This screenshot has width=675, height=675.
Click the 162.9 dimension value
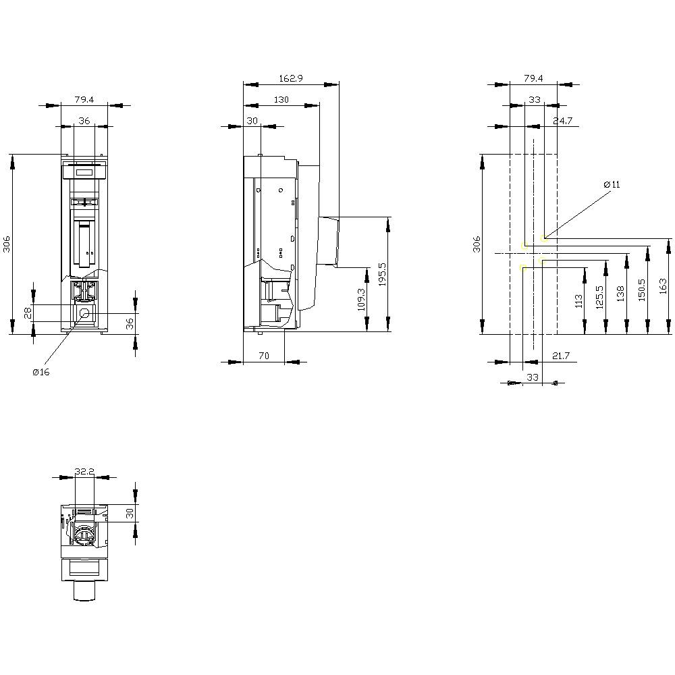291,79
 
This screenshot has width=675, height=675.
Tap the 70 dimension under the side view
263,355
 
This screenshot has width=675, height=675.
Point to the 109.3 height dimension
360,300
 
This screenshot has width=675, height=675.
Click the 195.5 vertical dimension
382,275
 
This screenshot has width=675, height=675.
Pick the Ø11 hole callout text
612,184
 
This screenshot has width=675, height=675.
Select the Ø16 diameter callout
41,373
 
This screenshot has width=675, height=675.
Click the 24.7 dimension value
562,121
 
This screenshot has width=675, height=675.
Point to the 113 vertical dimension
578,301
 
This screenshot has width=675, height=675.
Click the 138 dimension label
620,293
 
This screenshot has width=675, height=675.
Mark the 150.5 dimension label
641,289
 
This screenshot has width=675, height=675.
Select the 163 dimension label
663,286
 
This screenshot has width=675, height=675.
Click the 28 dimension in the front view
28,312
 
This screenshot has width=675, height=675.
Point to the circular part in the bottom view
84,535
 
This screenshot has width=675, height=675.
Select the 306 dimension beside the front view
6,244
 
